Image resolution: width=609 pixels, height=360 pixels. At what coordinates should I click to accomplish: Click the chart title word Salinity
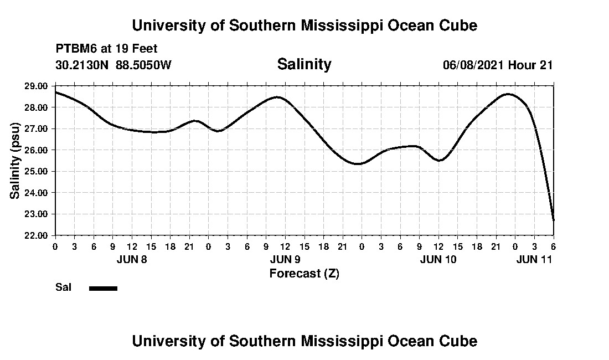[x=304, y=64]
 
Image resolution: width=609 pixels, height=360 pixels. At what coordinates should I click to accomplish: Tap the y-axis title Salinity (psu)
[x=16, y=161]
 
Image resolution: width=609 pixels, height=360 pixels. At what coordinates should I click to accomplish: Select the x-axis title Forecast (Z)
[x=304, y=273]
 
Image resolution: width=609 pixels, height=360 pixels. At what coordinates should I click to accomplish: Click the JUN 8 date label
[x=132, y=259]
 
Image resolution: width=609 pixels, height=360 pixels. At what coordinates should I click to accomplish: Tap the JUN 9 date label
[x=285, y=259]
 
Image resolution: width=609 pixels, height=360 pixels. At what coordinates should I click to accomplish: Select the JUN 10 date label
[x=438, y=259]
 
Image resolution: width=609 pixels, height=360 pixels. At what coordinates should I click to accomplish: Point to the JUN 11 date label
[x=535, y=259]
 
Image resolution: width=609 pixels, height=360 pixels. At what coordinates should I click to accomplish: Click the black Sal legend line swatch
[x=103, y=288]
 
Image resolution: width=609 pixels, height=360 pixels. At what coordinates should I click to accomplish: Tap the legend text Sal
[x=62, y=287]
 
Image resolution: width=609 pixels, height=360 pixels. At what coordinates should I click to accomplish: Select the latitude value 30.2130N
[x=82, y=65]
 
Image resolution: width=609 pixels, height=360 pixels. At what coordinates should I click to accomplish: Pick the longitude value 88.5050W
[x=143, y=65]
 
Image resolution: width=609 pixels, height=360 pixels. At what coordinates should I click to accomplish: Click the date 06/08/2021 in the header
[x=473, y=65]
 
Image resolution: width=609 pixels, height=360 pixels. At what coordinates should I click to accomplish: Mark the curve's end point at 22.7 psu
[x=554, y=220]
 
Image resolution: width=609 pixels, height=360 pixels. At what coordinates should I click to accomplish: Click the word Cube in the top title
[x=457, y=25]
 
